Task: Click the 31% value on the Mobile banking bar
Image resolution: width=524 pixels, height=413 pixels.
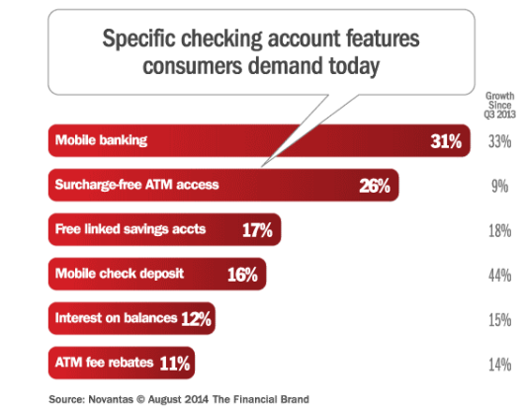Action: pyautogui.click(x=446, y=141)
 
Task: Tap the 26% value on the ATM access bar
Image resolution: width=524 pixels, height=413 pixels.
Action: pyautogui.click(x=376, y=185)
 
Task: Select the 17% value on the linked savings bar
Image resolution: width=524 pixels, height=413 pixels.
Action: pyautogui.click(x=257, y=230)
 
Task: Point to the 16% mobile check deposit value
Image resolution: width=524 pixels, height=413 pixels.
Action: pyautogui.click(x=242, y=275)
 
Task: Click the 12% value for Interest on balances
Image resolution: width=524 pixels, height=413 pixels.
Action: pyautogui.click(x=196, y=318)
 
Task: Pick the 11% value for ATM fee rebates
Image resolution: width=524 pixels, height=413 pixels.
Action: pyautogui.click(x=174, y=363)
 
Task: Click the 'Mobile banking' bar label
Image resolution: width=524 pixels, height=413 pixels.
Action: pyautogui.click(x=101, y=140)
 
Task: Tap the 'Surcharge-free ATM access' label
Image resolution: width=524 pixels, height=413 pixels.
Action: pyautogui.click(x=137, y=185)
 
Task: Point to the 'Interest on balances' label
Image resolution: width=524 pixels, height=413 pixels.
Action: pyautogui.click(x=116, y=318)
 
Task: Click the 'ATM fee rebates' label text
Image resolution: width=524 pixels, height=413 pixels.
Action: pyautogui.click(x=104, y=363)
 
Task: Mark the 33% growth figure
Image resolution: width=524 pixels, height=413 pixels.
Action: pyautogui.click(x=499, y=141)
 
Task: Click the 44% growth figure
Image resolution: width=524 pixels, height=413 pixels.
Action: pyautogui.click(x=499, y=275)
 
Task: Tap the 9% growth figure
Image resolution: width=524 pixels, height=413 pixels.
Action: pyautogui.click(x=502, y=185)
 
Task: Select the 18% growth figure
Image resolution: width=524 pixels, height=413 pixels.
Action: pyautogui.click(x=499, y=230)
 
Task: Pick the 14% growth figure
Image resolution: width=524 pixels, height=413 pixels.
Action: pyautogui.click(x=499, y=363)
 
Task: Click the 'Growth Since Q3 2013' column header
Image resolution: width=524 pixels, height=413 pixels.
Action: pyautogui.click(x=499, y=106)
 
